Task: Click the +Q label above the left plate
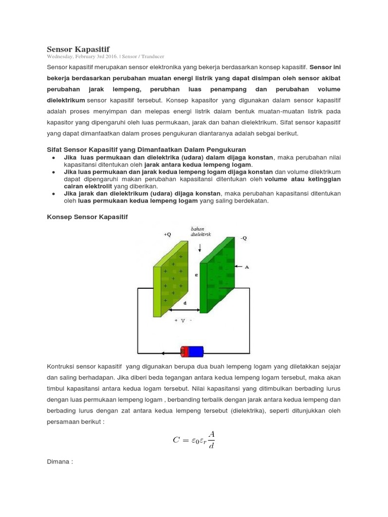(x=167, y=235)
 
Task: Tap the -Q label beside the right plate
(x=244, y=238)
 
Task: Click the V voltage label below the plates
(x=183, y=321)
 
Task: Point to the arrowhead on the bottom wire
(x=164, y=354)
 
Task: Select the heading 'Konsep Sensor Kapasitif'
(x=87, y=217)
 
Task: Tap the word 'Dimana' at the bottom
(x=60, y=461)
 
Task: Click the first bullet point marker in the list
(x=54, y=158)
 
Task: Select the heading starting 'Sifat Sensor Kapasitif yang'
(x=146, y=149)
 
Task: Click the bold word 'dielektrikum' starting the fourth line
(x=66, y=100)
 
